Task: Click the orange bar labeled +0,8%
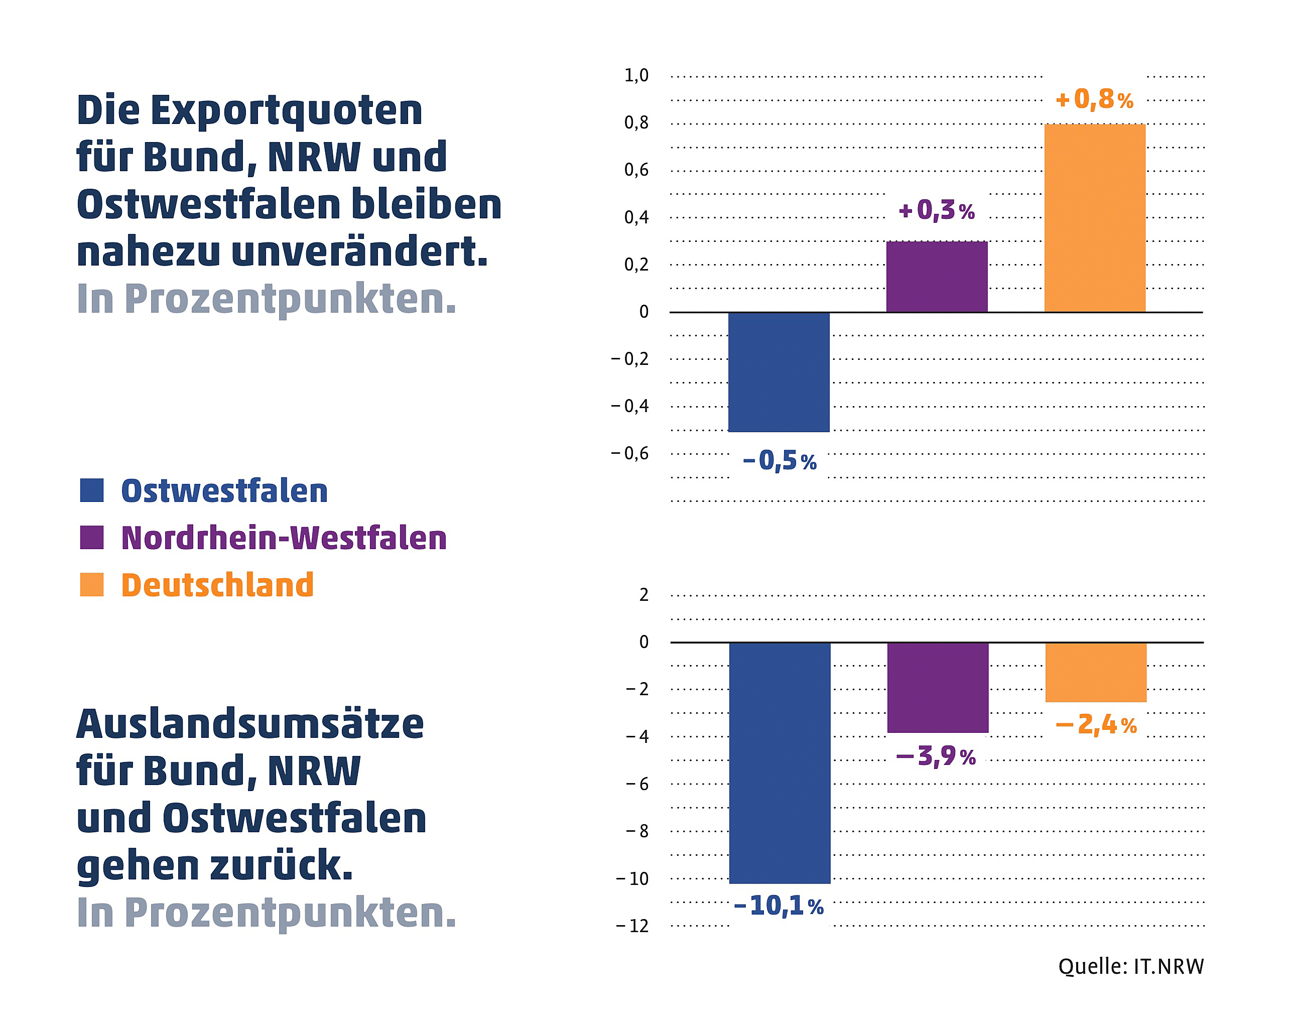click(x=1095, y=218)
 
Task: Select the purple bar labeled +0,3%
click(x=937, y=277)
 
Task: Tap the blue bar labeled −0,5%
click(x=779, y=372)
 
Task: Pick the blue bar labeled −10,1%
click(x=780, y=762)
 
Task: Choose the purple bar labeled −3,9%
click(x=938, y=688)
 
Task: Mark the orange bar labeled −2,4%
click(x=1096, y=672)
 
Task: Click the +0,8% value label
click(x=1095, y=99)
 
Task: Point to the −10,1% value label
click(x=779, y=906)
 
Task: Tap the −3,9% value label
click(x=936, y=756)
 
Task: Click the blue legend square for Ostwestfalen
click(x=92, y=490)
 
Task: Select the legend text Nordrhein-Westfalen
click(x=284, y=538)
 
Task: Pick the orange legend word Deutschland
click(x=217, y=585)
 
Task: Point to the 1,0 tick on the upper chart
click(x=636, y=75)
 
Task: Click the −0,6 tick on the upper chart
click(x=629, y=453)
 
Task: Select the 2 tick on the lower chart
click(x=643, y=595)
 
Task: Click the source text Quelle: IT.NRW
click(x=1130, y=967)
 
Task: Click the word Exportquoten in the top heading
click(x=286, y=111)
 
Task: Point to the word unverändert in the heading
click(x=359, y=252)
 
